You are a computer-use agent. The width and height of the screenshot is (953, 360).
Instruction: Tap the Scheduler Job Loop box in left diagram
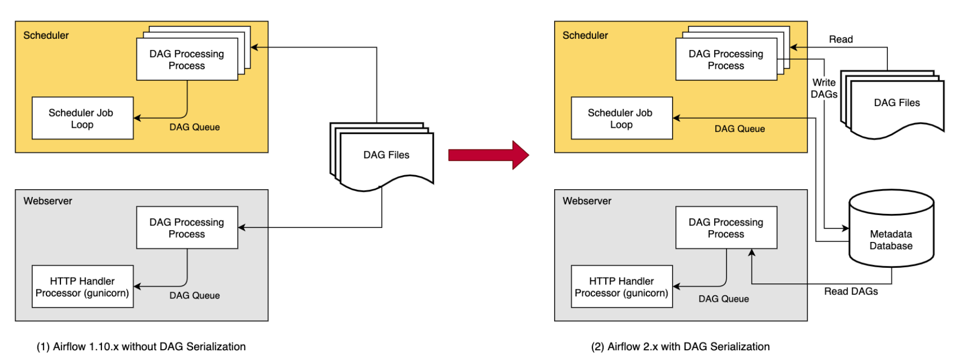click(x=82, y=118)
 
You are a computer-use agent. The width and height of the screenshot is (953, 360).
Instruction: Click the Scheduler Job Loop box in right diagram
click(x=621, y=118)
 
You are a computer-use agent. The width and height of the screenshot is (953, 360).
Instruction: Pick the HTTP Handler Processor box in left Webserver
click(x=82, y=287)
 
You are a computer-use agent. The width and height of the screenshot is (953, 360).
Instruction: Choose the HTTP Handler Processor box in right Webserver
click(x=621, y=287)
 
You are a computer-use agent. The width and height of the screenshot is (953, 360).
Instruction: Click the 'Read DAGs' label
click(x=851, y=292)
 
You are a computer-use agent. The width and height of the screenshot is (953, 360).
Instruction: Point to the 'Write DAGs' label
click(x=824, y=88)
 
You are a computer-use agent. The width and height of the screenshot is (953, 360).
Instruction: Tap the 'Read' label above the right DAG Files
click(x=840, y=39)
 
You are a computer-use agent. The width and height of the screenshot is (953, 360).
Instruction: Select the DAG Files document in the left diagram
click(x=386, y=156)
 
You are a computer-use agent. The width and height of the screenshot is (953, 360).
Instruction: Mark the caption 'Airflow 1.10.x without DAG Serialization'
click(x=141, y=347)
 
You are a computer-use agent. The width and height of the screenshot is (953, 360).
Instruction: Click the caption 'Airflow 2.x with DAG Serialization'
click(x=680, y=347)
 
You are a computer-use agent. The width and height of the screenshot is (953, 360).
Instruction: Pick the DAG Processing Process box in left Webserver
click(x=187, y=227)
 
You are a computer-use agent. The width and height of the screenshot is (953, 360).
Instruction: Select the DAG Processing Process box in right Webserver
click(x=726, y=227)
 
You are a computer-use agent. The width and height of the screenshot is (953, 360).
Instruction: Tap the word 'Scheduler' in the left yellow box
click(x=46, y=36)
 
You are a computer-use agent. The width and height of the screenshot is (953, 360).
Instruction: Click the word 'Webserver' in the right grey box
click(x=586, y=201)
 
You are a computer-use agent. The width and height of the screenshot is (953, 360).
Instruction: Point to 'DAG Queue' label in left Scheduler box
click(x=195, y=127)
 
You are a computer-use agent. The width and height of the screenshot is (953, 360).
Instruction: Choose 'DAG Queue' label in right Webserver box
click(x=723, y=299)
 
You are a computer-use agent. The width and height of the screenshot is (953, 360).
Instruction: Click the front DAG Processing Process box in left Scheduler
click(x=187, y=59)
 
